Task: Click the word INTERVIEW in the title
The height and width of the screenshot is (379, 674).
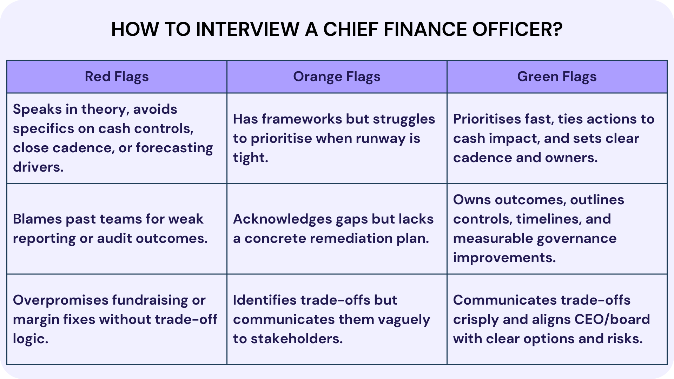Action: point(247,29)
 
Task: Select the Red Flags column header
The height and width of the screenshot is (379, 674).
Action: point(117,77)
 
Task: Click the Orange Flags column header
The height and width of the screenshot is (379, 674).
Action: point(337,77)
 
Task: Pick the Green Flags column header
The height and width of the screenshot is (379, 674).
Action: point(557,77)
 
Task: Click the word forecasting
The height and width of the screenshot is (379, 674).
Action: point(174,148)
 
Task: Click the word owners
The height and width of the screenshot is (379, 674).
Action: point(571,158)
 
